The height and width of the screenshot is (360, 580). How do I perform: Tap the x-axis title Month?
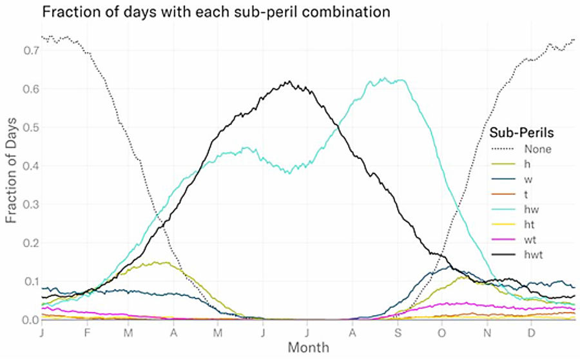308,348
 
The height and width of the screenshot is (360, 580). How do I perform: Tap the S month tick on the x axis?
398,333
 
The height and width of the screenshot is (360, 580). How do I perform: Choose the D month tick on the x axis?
531,333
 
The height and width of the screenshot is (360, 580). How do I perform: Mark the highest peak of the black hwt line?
290,82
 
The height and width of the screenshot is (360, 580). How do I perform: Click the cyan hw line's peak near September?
384,79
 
